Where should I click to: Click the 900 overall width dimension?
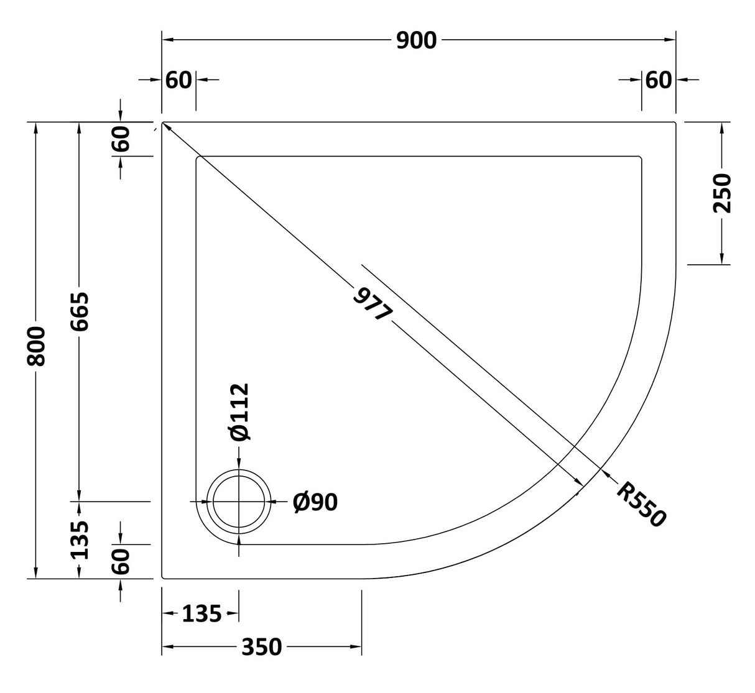click(417, 40)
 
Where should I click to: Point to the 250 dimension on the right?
click(722, 193)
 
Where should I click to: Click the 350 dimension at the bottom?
click(261, 648)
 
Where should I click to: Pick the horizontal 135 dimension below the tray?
click(201, 614)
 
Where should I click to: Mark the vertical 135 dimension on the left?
click(80, 539)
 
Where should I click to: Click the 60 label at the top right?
click(659, 80)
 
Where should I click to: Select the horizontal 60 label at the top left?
click(179, 80)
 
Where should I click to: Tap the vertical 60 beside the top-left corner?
click(121, 139)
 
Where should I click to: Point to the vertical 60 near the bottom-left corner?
click(121, 561)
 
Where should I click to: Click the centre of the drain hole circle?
click(239, 501)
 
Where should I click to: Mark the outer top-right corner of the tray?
click(675, 123)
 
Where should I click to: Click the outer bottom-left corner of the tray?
click(163, 577)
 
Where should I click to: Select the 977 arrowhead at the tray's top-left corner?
click(167, 127)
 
